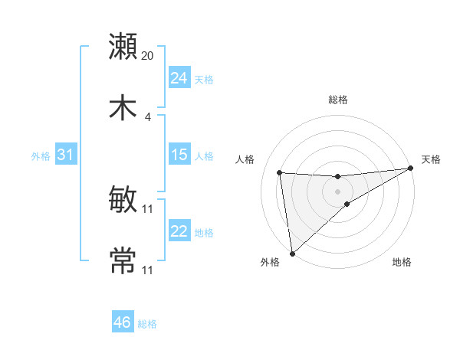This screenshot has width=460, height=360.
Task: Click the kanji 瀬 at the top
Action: pyautogui.click(x=123, y=46)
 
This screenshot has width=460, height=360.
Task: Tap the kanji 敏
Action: pyautogui.click(x=123, y=200)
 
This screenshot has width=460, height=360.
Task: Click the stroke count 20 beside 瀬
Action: pyautogui.click(x=148, y=56)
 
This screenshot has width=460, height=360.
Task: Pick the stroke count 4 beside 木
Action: pyautogui.click(x=148, y=117)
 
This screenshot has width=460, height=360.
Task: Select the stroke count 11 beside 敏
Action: pyautogui.click(x=148, y=208)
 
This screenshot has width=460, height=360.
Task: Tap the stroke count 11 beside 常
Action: pyautogui.click(x=148, y=270)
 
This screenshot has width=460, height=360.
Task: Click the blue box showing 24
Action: pyautogui.click(x=179, y=78)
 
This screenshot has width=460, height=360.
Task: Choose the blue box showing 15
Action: pyautogui.click(x=179, y=155)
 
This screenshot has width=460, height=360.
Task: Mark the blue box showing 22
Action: pyautogui.click(x=179, y=231)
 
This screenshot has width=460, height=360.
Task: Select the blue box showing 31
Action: pyautogui.click(x=66, y=155)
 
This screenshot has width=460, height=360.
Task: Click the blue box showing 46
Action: pyautogui.click(x=123, y=322)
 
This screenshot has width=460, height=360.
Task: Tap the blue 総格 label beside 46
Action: pyautogui.click(x=147, y=324)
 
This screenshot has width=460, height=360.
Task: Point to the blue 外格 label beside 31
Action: pyautogui.click(x=41, y=156)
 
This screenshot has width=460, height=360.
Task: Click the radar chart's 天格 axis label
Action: pyautogui.click(x=431, y=159)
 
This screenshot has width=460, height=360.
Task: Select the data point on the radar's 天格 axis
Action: pyautogui.click(x=411, y=169)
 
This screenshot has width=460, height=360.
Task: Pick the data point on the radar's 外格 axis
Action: pyautogui.click(x=292, y=254)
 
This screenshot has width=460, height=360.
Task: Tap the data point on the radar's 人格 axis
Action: pyautogui.click(x=280, y=172)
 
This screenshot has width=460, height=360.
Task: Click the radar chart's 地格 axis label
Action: pyautogui.click(x=402, y=263)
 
